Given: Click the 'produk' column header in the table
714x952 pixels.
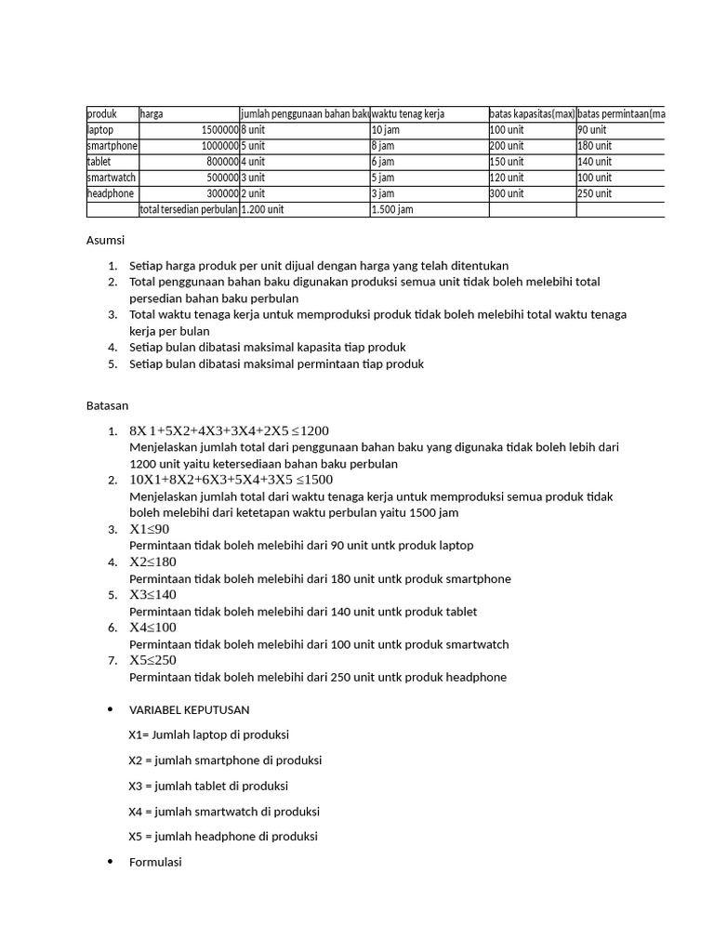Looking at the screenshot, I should tap(102, 113).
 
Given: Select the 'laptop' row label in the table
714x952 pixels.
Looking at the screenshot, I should tap(100, 130).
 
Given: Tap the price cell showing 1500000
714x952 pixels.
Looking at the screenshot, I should tap(219, 130).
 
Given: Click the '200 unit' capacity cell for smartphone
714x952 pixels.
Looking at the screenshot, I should tap(507, 146).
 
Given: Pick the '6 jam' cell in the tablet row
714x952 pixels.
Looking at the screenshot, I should tap(383, 162).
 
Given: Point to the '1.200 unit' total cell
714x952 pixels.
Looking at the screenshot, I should tap(262, 209).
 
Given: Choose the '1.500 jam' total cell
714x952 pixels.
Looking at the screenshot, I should tap(392, 209).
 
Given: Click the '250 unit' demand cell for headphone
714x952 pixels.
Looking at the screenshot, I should tap(595, 193).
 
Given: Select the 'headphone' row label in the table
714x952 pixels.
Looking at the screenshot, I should tap(111, 193).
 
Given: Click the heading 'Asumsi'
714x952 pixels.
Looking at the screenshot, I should tap(105, 240).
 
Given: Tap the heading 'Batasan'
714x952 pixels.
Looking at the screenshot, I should tap(107, 405).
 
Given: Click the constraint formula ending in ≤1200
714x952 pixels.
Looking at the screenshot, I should tap(229, 430).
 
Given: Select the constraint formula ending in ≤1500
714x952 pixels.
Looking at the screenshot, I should tap(231, 480).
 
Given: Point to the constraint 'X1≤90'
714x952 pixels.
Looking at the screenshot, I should tap(150, 529).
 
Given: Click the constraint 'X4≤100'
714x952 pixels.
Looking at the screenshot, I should tap(152, 628).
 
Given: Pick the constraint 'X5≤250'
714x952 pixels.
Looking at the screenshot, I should tap(152, 660).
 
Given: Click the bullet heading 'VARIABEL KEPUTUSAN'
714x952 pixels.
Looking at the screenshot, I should tap(189, 709).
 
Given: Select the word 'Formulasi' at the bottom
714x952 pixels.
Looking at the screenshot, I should tap(155, 862).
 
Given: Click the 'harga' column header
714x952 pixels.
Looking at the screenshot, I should tap(152, 113).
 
